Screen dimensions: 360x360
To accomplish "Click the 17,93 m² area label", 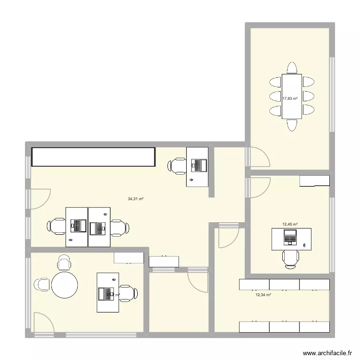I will (289, 98).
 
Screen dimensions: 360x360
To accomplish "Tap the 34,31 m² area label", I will (136, 199).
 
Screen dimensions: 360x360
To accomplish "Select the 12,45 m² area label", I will (289, 224).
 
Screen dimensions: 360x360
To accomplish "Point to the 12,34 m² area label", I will (263, 295).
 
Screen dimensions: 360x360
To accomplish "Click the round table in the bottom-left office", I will (65, 285).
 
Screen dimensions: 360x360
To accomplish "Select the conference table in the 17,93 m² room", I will (291, 96).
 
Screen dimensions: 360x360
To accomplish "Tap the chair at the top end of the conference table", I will (291, 67).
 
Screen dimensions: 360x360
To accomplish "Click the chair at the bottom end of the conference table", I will (291, 125).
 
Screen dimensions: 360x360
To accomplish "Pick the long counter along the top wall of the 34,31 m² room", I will (94, 157).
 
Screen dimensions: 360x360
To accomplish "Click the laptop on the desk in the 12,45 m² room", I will (290, 237).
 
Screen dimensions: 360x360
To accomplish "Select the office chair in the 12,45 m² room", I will (290, 259).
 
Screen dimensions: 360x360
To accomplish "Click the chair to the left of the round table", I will (42, 285).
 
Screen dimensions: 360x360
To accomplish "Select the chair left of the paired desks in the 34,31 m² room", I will (56, 226).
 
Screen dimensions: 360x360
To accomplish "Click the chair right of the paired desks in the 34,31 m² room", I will (120, 226).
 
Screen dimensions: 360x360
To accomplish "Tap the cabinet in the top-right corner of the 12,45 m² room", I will (314, 180).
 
